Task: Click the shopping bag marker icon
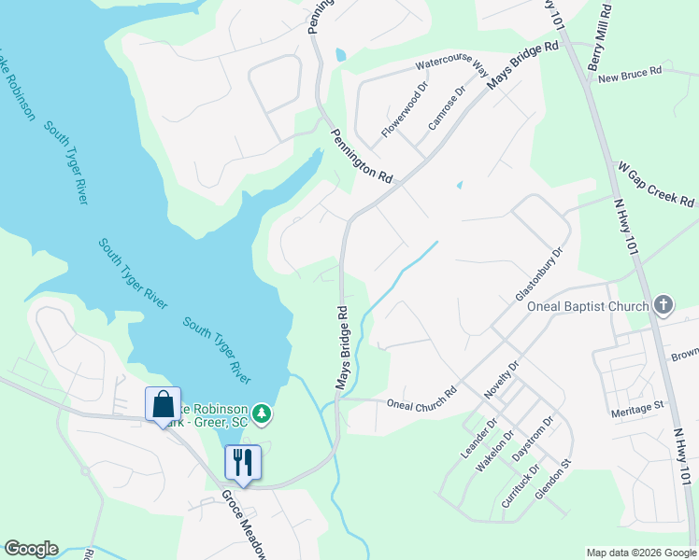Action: (163, 405)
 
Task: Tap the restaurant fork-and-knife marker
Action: (243, 462)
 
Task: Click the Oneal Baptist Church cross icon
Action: (663, 305)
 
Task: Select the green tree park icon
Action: (264, 412)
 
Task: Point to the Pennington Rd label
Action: (360, 155)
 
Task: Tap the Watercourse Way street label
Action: (452, 66)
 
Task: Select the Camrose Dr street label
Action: (446, 108)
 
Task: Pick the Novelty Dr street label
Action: (501, 380)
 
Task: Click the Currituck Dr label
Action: (521, 484)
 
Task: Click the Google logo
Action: (31, 549)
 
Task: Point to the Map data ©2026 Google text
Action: (640, 553)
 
